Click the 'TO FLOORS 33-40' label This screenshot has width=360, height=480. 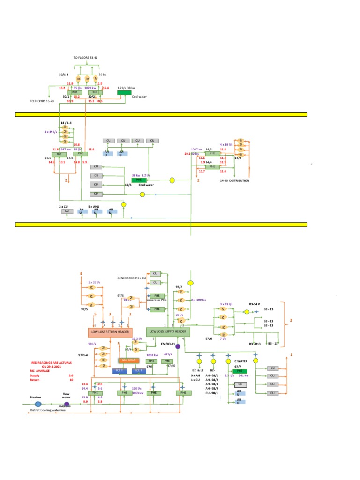[86, 57]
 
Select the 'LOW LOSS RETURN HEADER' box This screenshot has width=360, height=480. [110, 332]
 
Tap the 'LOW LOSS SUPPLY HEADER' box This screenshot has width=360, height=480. [168, 332]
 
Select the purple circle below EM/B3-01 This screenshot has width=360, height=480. [178, 346]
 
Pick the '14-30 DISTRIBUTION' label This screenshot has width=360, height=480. [234, 180]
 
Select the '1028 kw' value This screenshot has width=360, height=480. [91, 88]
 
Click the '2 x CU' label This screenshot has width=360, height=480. [63, 206]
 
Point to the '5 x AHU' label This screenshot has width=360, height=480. [93, 206]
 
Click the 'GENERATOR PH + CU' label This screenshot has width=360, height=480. [132, 278]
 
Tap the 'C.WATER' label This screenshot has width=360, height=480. [241, 361]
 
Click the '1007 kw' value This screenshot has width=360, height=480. [196, 149]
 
